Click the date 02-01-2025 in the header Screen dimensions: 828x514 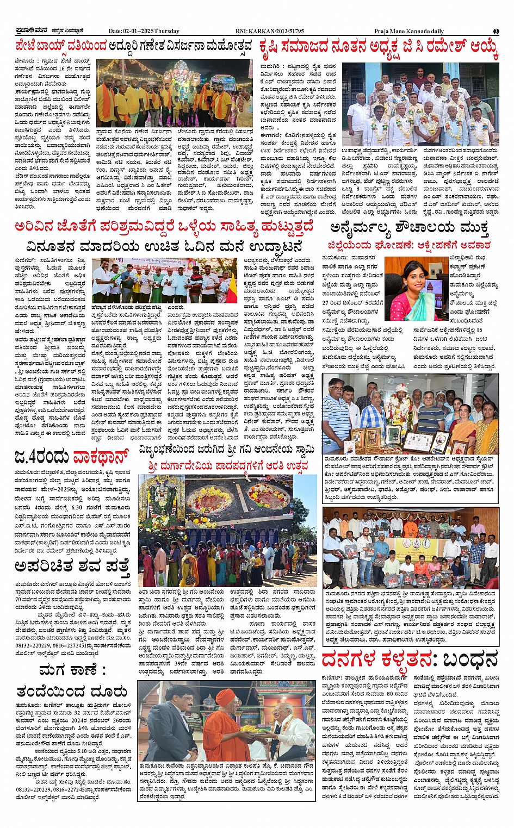143,32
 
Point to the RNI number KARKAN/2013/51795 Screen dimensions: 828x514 270,32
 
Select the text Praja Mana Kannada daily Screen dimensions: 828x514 408,32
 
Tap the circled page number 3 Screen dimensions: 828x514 496,32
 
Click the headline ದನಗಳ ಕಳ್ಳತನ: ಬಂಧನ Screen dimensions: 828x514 409,659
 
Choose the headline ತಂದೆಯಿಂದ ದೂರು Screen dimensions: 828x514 72,692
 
